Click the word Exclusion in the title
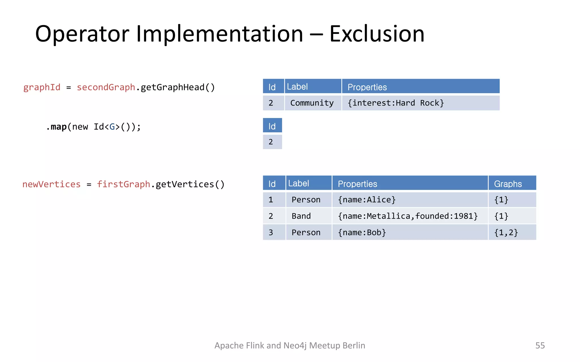pyautogui.click(x=377, y=34)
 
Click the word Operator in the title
pyautogui.click(x=82, y=34)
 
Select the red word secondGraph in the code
pyautogui.click(x=106, y=87)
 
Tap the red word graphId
pyautogui.click(x=42, y=87)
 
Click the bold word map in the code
pyautogui.click(x=59, y=127)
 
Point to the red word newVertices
pyautogui.click(x=52, y=184)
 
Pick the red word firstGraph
pyautogui.click(x=123, y=184)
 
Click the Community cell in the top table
pyautogui.click(x=312, y=103)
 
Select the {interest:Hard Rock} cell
pyautogui.click(x=395, y=103)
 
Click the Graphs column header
pyautogui.click(x=508, y=184)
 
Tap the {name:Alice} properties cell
pyautogui.click(x=366, y=200)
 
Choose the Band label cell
pyautogui.click(x=301, y=216)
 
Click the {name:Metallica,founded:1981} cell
pyautogui.click(x=408, y=216)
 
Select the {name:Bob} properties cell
pyautogui.click(x=362, y=232)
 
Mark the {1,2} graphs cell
pyautogui.click(x=506, y=232)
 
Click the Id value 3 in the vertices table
pyautogui.click(x=271, y=232)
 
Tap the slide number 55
pyautogui.click(x=540, y=345)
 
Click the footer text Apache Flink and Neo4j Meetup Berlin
pyautogui.click(x=290, y=345)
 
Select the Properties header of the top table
pyautogui.click(x=367, y=87)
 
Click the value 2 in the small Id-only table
pyautogui.click(x=271, y=142)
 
